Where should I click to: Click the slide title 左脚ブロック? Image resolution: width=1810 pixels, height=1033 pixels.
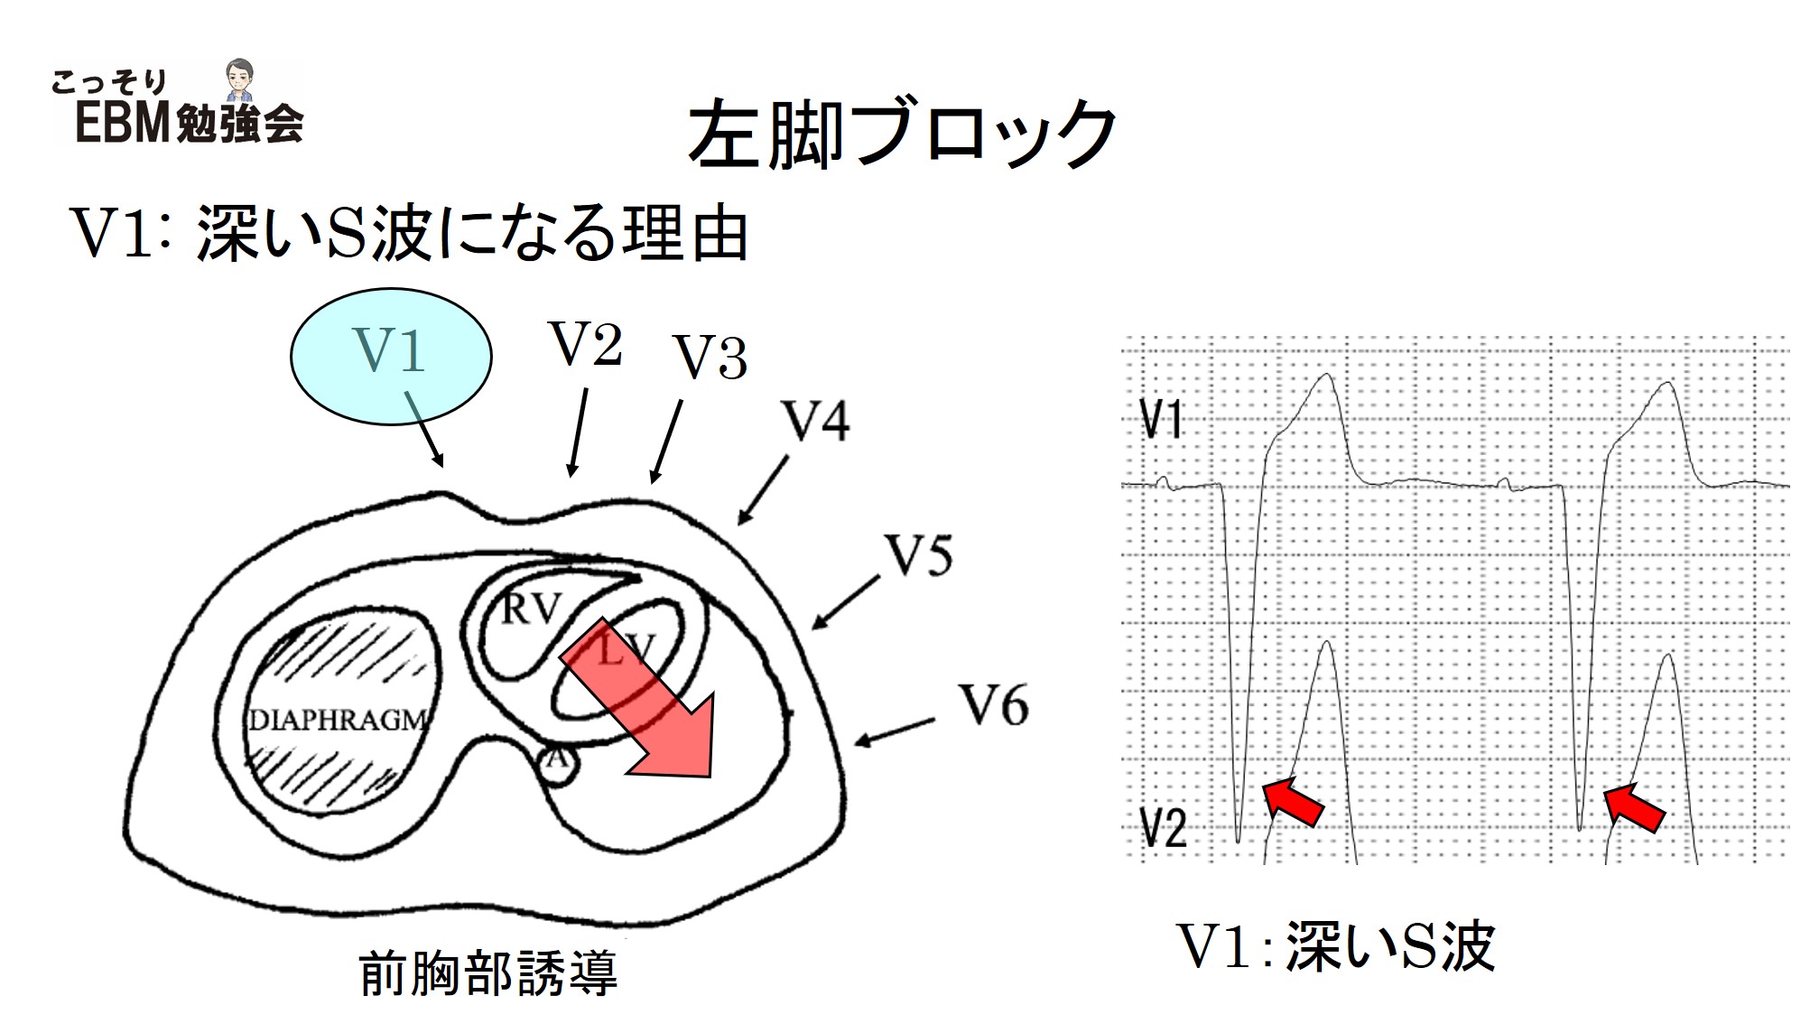click(x=901, y=135)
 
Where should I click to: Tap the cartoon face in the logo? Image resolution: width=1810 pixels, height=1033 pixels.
click(x=238, y=79)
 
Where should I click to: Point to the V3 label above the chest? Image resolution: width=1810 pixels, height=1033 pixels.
click(x=711, y=358)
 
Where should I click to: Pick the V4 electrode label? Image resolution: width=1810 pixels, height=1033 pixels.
click(x=816, y=422)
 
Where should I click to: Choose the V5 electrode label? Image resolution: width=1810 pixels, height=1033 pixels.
click(x=919, y=556)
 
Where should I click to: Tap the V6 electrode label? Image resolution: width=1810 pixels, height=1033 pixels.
click(x=993, y=705)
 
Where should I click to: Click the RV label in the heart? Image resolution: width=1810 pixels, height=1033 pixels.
click(x=530, y=610)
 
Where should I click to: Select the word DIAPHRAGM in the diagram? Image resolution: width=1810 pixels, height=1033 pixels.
click(x=338, y=721)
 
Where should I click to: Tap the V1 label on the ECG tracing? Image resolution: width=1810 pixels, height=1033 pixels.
click(x=1161, y=420)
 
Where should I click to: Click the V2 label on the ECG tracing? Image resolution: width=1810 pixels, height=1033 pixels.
click(x=1164, y=827)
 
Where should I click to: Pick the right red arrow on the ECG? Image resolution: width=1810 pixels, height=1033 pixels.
click(x=1633, y=806)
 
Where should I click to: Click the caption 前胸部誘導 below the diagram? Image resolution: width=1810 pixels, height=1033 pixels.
click(x=488, y=973)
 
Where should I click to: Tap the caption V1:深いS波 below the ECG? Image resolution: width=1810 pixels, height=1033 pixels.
click(x=1336, y=946)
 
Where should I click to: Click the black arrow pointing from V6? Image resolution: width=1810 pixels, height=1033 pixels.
click(x=894, y=732)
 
